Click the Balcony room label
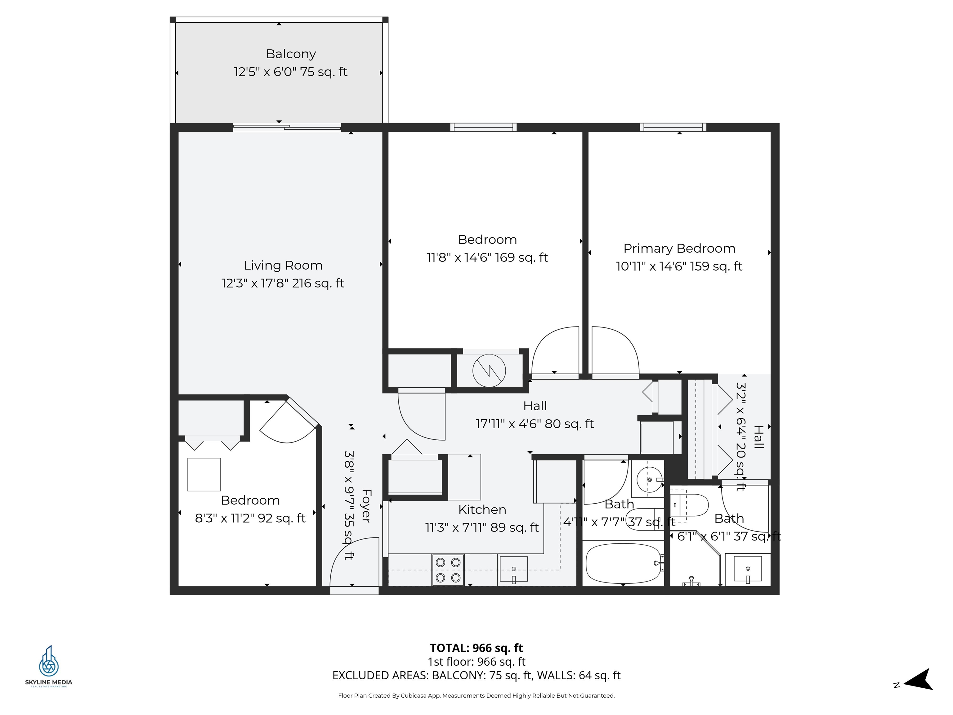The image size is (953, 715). tap(291, 54)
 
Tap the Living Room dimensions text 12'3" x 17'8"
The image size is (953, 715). tap(255, 283)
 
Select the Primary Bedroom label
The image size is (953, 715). tap(679, 248)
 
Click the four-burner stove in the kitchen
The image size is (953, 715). tap(448, 570)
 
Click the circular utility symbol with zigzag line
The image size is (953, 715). tap(489, 371)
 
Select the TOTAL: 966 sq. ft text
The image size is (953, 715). tap(476, 648)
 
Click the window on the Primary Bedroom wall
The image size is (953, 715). tap(673, 127)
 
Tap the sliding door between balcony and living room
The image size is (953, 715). tap(287, 127)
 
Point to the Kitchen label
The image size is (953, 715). tap(482, 510)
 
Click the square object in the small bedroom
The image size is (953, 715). tap(204, 474)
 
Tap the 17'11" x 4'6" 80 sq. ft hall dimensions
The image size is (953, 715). tap(534, 424)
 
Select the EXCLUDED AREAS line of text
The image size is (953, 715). tap(476, 675)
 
